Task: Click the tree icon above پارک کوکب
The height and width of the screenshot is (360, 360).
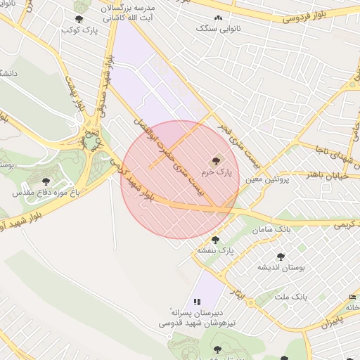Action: (x=78, y=19)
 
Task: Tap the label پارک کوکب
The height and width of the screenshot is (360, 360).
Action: (x=77, y=30)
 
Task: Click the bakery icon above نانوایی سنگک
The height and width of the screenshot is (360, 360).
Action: (x=218, y=18)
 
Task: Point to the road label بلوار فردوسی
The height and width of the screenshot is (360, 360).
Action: (x=307, y=15)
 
